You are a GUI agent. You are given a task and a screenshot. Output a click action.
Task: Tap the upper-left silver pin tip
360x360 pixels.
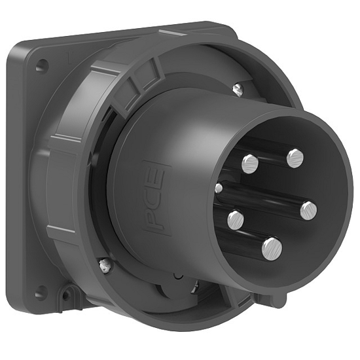[x=250, y=164]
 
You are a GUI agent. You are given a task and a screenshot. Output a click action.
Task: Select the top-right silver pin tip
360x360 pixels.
[x=295, y=158]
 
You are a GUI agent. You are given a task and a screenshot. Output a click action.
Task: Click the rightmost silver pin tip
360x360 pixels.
[x=308, y=209]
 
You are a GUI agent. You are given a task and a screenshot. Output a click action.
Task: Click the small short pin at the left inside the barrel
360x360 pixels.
[x=219, y=189]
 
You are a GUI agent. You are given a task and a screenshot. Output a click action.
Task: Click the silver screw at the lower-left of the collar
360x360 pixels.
[x=103, y=265]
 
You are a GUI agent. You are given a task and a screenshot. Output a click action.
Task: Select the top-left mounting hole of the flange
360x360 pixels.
[x=42, y=66]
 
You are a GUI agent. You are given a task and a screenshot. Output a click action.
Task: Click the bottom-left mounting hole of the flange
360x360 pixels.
[x=41, y=293]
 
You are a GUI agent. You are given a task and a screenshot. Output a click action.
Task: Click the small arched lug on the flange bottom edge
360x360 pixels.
[x=67, y=296]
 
